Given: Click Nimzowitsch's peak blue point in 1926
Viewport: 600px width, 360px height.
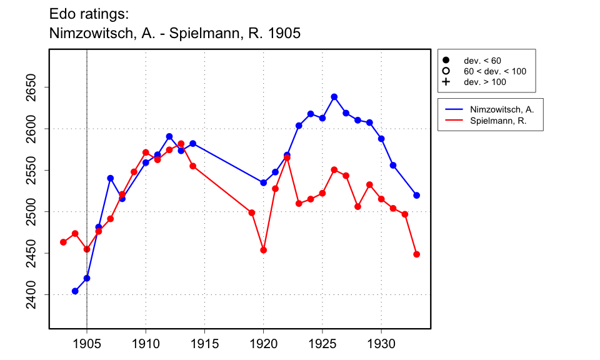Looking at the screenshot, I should tap(334, 97).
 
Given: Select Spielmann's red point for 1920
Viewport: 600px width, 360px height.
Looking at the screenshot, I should tap(264, 250).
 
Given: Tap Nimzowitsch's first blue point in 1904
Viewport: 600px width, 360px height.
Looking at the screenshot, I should tap(75, 291).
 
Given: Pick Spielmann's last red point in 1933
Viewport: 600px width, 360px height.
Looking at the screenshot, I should tap(417, 254).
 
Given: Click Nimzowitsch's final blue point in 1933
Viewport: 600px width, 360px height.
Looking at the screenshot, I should tap(417, 195).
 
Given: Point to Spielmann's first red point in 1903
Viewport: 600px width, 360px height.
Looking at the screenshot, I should tap(63, 242).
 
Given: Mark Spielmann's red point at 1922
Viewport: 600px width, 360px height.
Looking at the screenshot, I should tap(287, 157).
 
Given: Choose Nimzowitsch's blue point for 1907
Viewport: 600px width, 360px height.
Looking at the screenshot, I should tap(111, 178).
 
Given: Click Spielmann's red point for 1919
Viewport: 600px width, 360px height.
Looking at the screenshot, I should tap(252, 212).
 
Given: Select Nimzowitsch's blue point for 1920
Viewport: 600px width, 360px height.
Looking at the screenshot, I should tap(264, 182).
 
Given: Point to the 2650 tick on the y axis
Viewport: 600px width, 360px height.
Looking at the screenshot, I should tap(34, 87).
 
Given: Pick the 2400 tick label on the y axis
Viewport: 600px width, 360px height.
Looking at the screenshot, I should tap(34, 294).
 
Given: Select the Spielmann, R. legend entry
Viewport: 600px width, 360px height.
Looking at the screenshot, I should tap(497, 121).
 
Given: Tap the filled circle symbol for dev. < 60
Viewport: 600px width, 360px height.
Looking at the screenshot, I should tap(446, 61).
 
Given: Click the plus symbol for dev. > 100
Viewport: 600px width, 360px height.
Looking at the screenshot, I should tap(446, 82).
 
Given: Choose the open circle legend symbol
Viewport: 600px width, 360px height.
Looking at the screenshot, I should tap(446, 71).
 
